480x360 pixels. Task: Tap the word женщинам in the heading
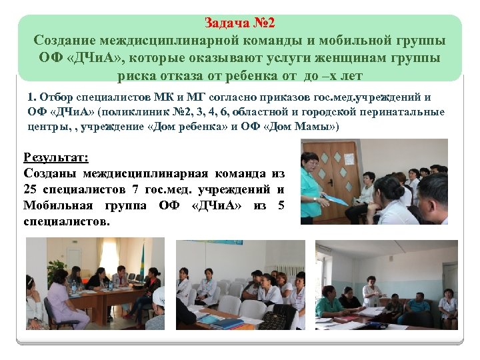pos(349,57)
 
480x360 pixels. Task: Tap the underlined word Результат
pos(56,158)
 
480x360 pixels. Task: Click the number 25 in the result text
pos(30,191)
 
